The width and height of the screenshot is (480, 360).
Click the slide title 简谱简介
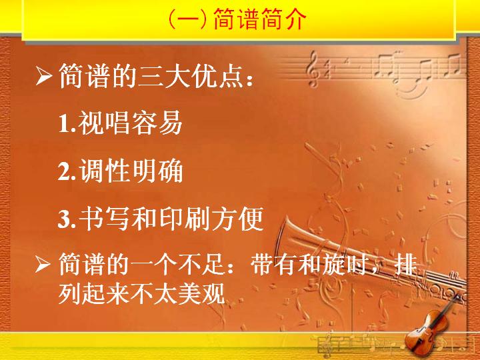coord(259,19)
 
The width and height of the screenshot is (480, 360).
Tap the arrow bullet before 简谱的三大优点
coord(43,77)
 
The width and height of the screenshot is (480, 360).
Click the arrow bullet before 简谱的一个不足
coord(43,264)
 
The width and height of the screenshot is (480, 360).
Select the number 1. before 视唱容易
coord(67,123)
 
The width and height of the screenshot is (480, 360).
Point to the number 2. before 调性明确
coord(67,171)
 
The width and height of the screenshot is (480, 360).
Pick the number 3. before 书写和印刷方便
coord(67,219)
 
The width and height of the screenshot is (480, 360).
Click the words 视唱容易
coord(131,123)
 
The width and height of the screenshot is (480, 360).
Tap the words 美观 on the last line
coord(202,293)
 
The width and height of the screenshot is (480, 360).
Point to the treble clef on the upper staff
coord(312,69)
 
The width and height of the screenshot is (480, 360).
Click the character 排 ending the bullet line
coord(406,264)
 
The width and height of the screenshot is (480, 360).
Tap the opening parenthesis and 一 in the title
coord(187,19)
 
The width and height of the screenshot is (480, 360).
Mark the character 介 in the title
coord(295,19)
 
